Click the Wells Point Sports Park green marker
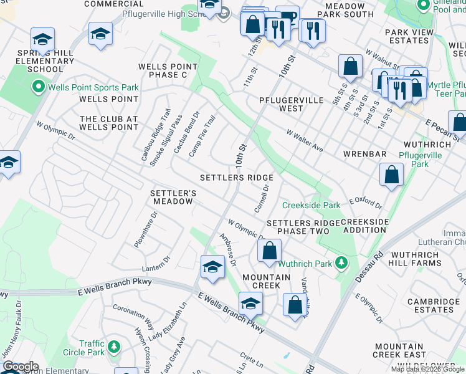(x=39, y=85)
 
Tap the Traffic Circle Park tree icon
(x=113, y=347)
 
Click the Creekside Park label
(x=311, y=205)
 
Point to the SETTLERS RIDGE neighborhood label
(x=236, y=178)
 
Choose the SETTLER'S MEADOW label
(x=173, y=197)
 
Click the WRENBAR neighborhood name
(x=365, y=153)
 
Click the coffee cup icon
(x=288, y=17)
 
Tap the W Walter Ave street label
(x=305, y=141)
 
